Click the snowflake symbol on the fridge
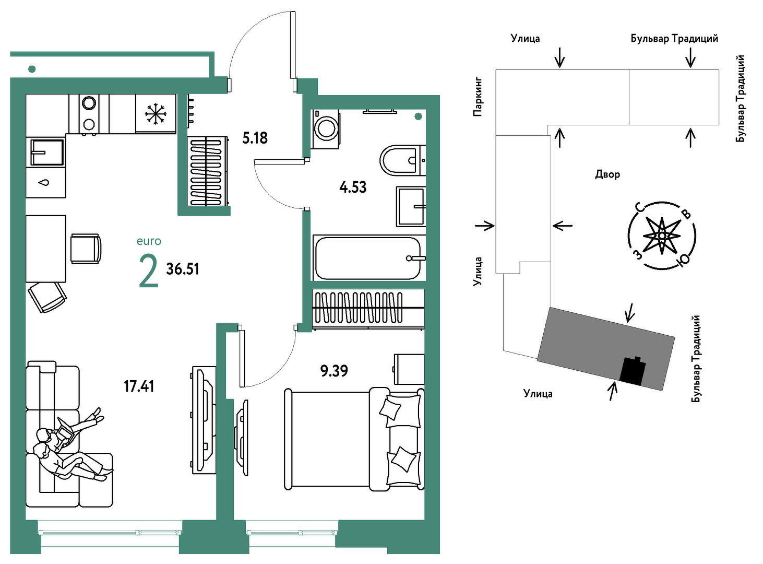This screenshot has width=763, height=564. (x=156, y=113)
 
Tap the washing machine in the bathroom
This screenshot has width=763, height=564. (x=325, y=129)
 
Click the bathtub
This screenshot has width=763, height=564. (x=369, y=258)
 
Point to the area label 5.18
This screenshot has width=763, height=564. (x=255, y=138)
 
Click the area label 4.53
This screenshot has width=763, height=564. (x=353, y=187)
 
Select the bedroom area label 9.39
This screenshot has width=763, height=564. (x=334, y=371)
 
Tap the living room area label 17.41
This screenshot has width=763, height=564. (x=139, y=386)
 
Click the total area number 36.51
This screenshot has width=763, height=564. (x=183, y=269)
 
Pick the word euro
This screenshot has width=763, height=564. (x=149, y=241)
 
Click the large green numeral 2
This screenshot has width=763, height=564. (x=149, y=273)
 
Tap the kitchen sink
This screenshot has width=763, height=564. (x=47, y=152)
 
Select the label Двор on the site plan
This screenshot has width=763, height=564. (x=607, y=174)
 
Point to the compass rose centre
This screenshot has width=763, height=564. (x=662, y=236)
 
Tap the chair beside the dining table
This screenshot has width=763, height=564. (x=86, y=249)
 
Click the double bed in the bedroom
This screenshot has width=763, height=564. (x=354, y=439)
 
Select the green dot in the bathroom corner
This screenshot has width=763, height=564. (x=419, y=117)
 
